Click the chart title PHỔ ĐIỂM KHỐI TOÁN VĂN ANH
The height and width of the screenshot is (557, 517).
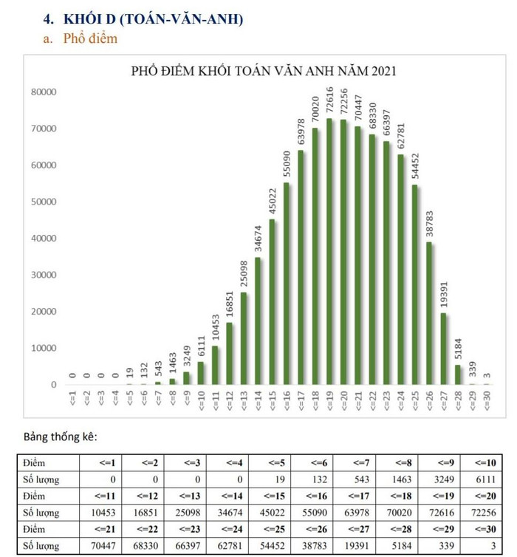coord(264,72)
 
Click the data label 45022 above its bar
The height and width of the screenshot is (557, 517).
coord(273,200)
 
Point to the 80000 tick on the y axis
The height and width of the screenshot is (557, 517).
coord(44,92)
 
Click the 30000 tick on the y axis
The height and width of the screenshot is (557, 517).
coord(44,275)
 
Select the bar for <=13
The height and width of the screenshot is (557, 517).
coord(244,338)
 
